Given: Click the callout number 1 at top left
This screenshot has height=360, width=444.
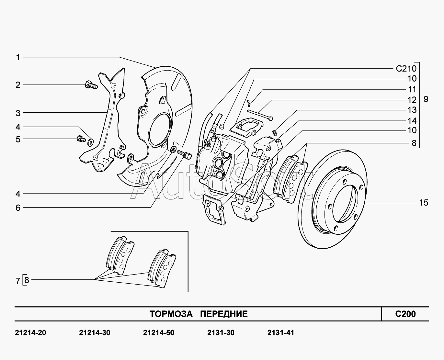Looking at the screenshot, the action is [x=18, y=57].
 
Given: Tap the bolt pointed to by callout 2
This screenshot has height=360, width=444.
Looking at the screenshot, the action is [x=90, y=85].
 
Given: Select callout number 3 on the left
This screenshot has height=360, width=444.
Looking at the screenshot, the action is [x=18, y=113].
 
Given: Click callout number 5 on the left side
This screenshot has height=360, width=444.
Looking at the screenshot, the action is [x=18, y=139].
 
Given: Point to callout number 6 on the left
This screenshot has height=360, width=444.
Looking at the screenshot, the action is [x=18, y=208].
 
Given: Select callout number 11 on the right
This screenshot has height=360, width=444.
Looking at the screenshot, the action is [x=412, y=89].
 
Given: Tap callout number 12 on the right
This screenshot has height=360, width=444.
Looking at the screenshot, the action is [x=412, y=100].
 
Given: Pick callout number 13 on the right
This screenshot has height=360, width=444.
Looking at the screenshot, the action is [x=412, y=110].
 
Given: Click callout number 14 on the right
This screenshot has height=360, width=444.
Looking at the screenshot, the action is [x=412, y=121].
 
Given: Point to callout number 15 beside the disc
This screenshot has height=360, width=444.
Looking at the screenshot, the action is [x=424, y=203].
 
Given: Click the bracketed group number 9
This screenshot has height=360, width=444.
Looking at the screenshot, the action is [x=426, y=99].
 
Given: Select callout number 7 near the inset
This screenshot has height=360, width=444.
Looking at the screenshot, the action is [x=18, y=280].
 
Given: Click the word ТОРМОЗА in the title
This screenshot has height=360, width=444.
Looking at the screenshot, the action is [x=171, y=314].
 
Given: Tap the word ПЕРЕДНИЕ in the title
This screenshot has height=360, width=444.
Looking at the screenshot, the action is [x=223, y=314].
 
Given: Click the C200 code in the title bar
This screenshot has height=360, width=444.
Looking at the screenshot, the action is [x=405, y=314].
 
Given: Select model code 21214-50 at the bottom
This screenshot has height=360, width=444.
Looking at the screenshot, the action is [x=158, y=332].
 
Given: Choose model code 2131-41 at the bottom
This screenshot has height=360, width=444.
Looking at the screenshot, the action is [x=281, y=332].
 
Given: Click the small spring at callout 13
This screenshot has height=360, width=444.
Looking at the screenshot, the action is [x=274, y=132].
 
